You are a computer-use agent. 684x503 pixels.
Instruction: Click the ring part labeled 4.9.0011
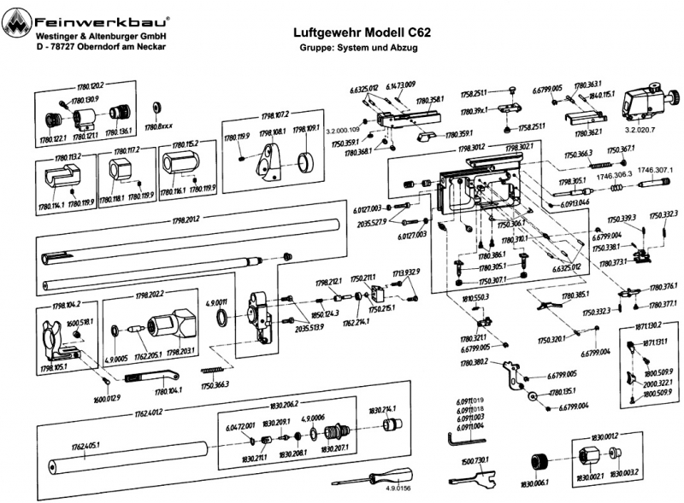tap(221, 319)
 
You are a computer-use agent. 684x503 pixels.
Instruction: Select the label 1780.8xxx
tap(158, 127)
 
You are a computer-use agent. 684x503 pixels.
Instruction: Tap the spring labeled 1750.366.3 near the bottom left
tap(215, 369)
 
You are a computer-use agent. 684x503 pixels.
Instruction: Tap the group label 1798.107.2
tap(273, 113)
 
